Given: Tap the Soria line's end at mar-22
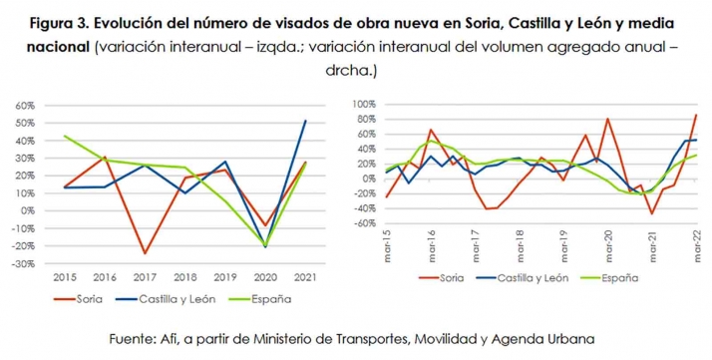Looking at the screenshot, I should (x=695, y=115).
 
